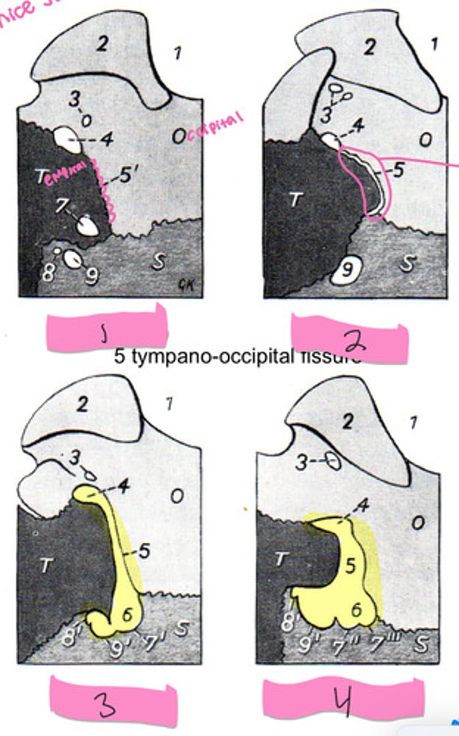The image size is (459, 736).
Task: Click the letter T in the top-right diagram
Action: pyautogui.click(x=296, y=201)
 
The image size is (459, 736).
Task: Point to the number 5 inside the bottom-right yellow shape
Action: pyautogui.click(x=350, y=567)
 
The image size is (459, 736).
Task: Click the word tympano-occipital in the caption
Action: pyautogui.click(x=193, y=358)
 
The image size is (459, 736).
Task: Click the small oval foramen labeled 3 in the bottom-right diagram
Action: pyautogui.click(x=333, y=461)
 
